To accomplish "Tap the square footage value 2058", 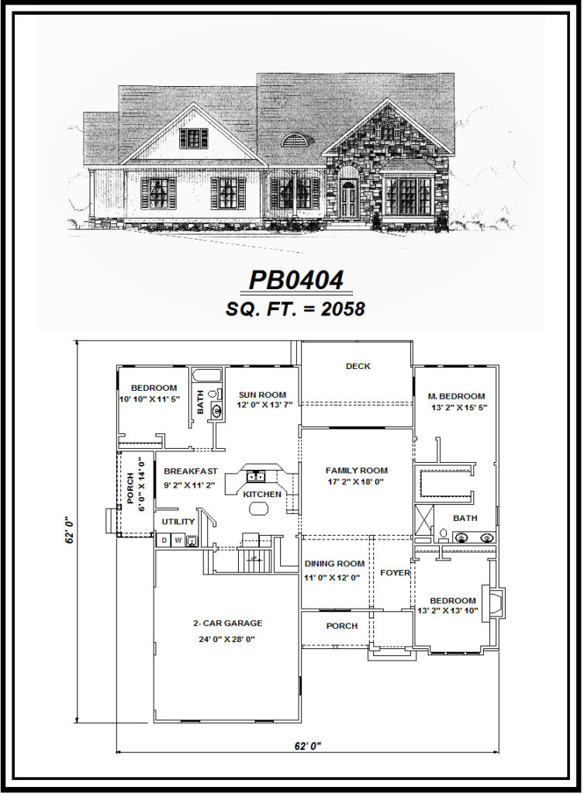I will pos(340,308).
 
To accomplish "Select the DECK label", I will pos(358,366).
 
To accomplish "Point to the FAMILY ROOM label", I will pos(356,471).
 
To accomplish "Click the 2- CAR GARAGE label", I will pos(227,623).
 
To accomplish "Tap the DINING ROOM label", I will pos(334,564).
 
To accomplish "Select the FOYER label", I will pos(394,573).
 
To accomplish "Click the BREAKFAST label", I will pos(190,471).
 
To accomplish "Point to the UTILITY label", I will pos(178,522).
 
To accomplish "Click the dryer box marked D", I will pos(164,540).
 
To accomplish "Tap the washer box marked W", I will pos(178,540).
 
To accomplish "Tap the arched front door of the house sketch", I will pos(348,198).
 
